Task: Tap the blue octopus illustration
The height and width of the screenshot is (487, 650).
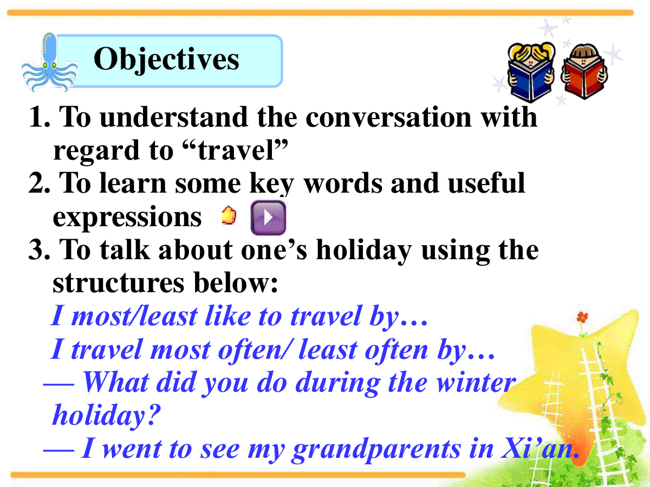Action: coord(49,63)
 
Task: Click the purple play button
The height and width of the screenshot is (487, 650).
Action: coord(268,218)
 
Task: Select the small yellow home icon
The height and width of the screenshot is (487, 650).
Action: coord(229,215)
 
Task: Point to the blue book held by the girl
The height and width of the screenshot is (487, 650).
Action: coord(530,83)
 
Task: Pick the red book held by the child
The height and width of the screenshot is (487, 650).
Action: coord(584,79)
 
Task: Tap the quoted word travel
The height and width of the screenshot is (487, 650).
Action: coord(236,150)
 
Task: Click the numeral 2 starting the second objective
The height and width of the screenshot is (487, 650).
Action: coord(36,183)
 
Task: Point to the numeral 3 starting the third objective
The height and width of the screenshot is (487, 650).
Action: coord(36,250)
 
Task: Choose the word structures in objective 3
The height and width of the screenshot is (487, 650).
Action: coord(119,282)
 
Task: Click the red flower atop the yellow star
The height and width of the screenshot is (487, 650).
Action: coord(582,317)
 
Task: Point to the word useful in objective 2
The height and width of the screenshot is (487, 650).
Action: coord(486,183)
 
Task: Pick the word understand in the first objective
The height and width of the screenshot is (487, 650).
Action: coord(173,117)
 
